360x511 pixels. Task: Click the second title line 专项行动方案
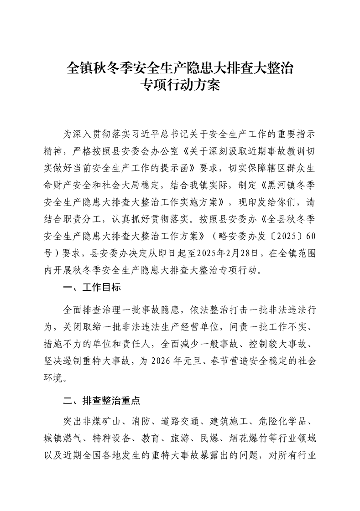point(180,86)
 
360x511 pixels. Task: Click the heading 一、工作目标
point(92,288)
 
